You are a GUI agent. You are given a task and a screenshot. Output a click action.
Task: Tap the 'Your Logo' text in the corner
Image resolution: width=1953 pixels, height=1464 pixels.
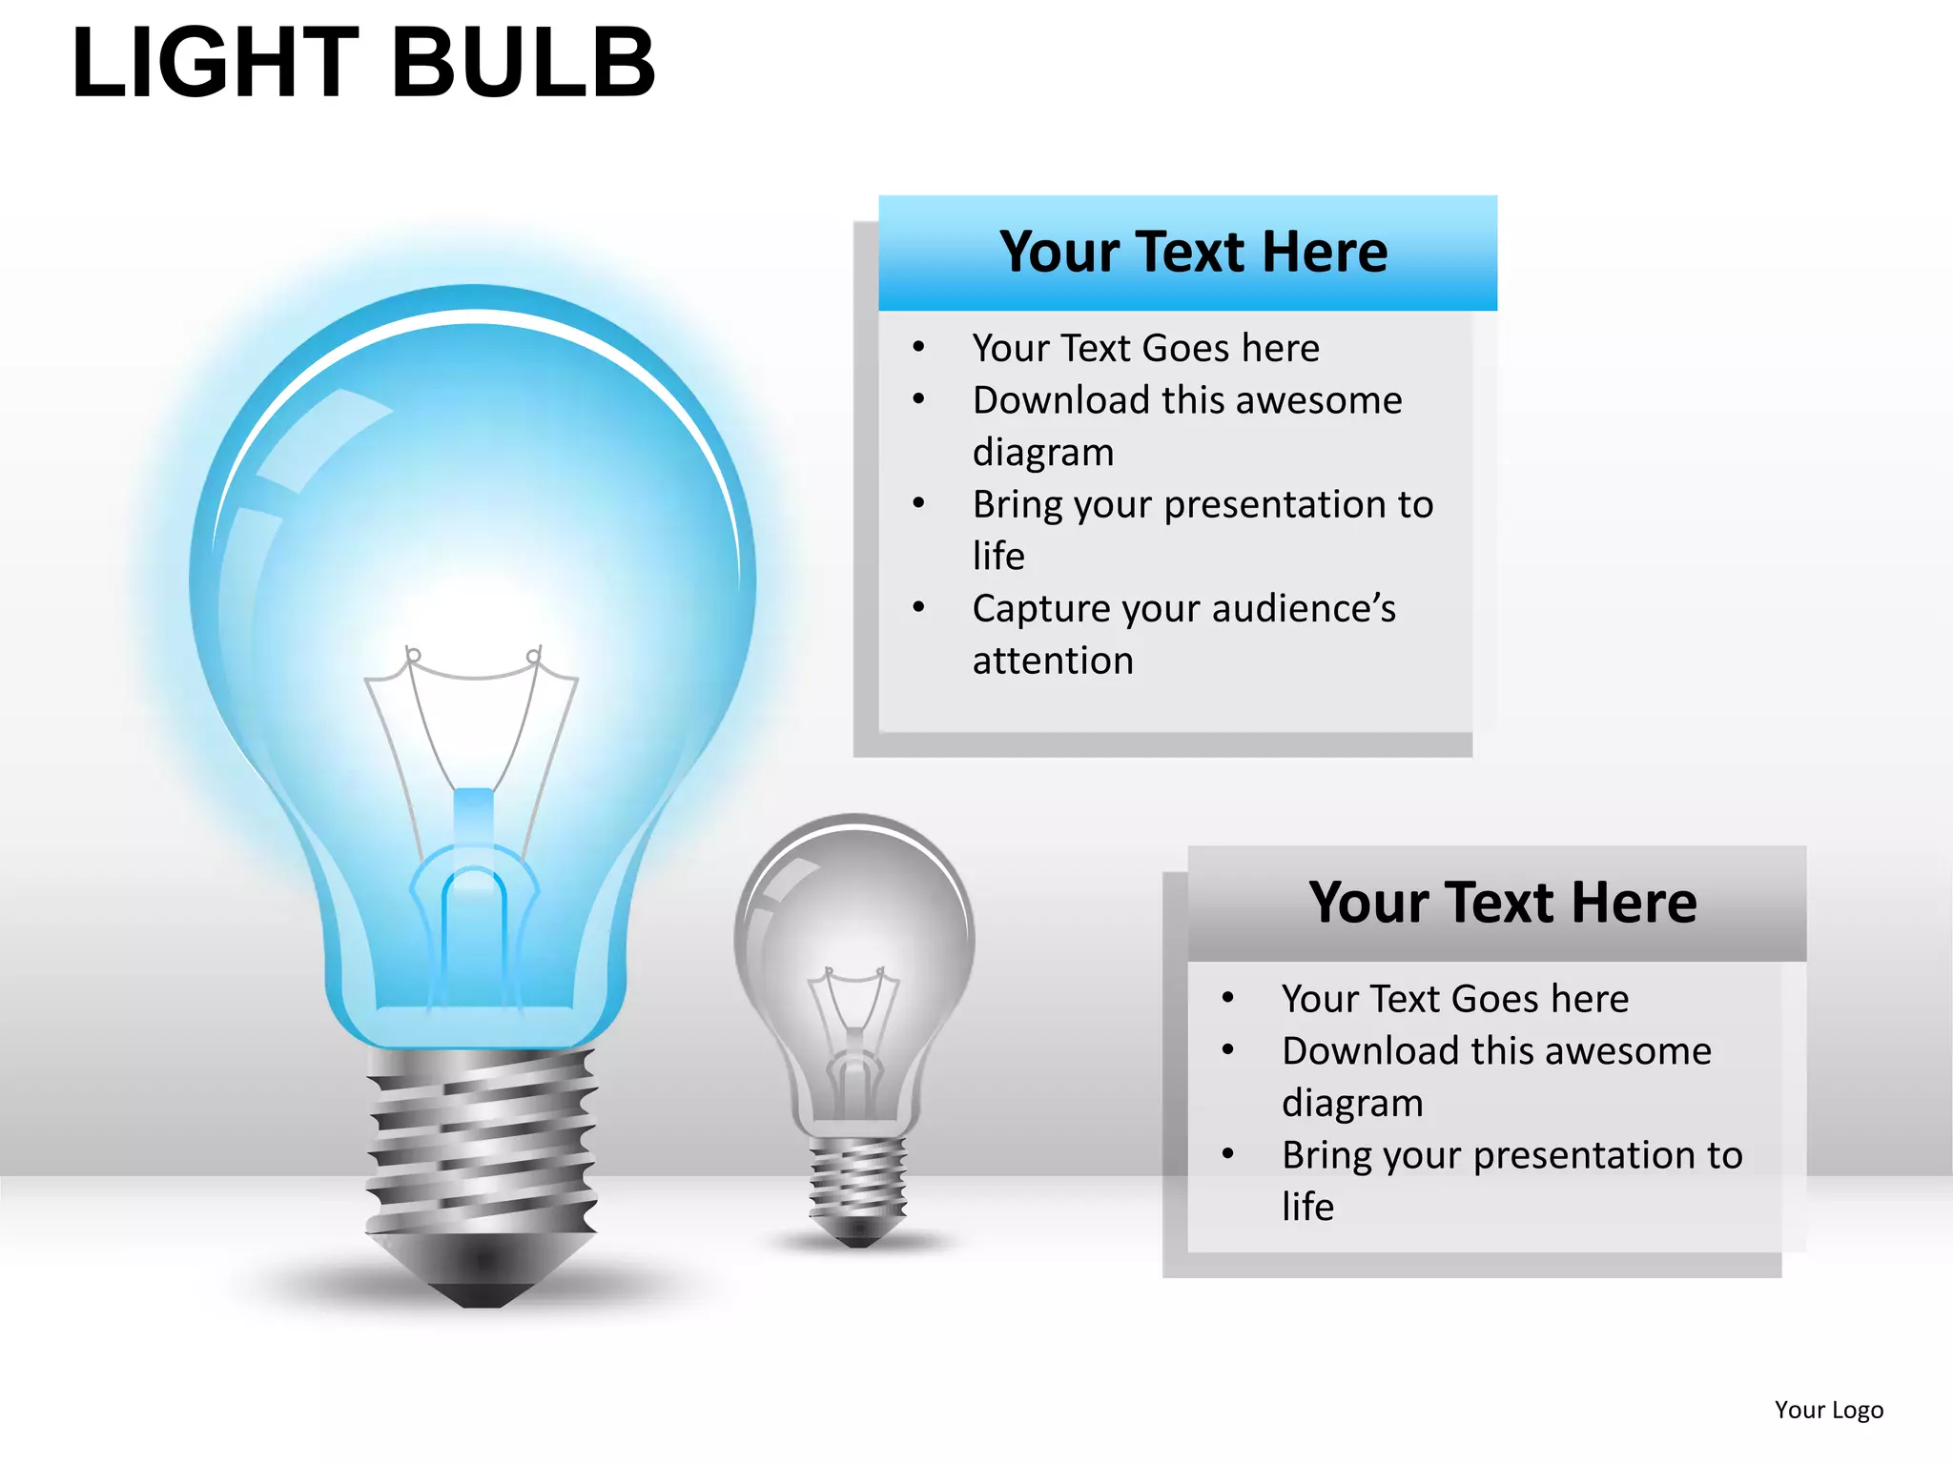(1828, 1410)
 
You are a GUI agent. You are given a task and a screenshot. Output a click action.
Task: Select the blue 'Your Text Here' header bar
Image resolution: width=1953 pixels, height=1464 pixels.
(1187, 254)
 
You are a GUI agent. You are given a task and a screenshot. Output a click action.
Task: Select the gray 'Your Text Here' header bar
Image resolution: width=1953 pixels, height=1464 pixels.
(1497, 904)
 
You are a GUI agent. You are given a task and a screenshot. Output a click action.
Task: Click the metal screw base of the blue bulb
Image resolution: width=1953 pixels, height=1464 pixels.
(482, 1139)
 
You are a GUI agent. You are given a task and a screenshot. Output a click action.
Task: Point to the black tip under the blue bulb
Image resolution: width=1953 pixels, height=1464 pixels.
(482, 1294)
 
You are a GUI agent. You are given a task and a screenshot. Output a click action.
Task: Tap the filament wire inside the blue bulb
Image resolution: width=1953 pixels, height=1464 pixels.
(474, 677)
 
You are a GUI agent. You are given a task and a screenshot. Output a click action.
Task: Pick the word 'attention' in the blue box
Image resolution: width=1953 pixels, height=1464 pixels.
(1053, 661)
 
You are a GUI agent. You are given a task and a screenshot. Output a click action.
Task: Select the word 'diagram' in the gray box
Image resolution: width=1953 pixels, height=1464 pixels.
(1352, 1103)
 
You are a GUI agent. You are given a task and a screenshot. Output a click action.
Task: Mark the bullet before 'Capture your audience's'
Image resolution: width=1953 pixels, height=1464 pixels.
(918, 607)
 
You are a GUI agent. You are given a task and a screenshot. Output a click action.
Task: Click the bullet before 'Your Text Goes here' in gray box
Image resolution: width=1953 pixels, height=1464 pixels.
(1227, 998)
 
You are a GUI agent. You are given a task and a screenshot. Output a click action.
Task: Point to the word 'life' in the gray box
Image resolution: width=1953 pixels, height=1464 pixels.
(1307, 1207)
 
